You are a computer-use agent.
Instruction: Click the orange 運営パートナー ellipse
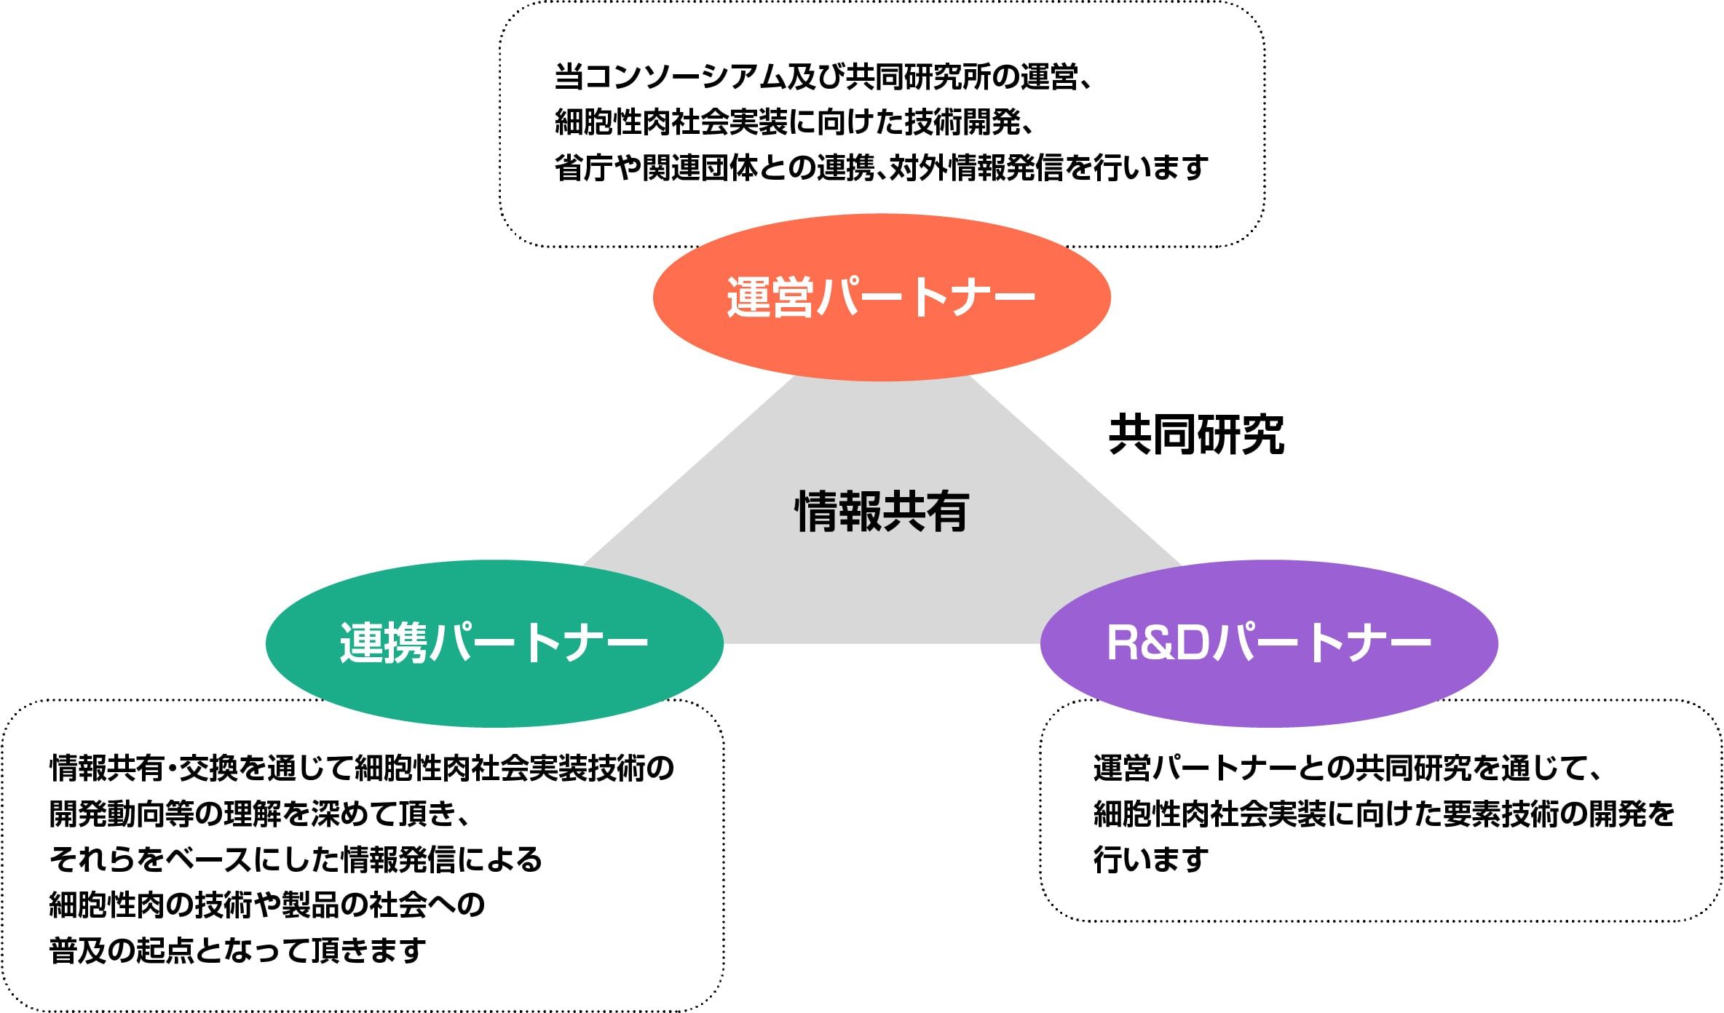(x=882, y=297)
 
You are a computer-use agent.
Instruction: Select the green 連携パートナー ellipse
(x=494, y=643)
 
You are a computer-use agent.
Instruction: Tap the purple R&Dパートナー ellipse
(x=1269, y=643)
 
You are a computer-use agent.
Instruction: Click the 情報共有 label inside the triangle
(x=882, y=511)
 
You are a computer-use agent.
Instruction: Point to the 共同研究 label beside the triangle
(x=1197, y=434)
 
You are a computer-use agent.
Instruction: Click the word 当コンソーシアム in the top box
(x=671, y=77)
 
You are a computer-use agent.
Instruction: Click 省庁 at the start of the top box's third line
(x=584, y=168)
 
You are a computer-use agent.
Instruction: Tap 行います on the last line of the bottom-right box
(x=1151, y=859)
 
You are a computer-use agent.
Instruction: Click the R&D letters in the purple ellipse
(x=1158, y=643)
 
